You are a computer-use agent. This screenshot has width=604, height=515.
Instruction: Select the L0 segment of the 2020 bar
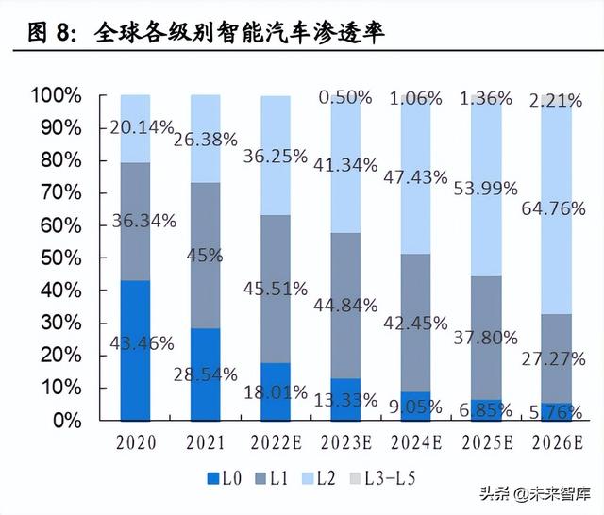click(x=135, y=349)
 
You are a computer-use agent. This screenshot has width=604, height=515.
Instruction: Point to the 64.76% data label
click(x=554, y=208)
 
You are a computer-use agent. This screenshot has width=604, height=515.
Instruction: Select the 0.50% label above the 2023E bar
click(x=344, y=98)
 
